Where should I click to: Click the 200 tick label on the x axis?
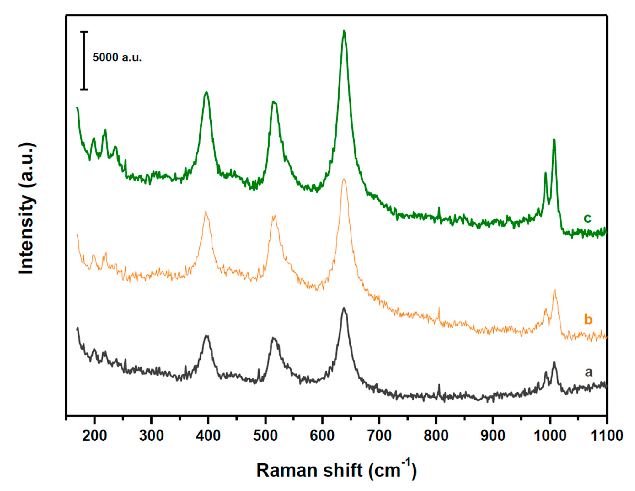point(94,436)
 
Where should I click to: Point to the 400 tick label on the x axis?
point(208,436)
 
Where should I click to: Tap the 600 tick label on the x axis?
point(322,436)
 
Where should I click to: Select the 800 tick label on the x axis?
point(436,436)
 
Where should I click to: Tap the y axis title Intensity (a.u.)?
point(27,208)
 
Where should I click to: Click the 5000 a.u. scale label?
point(117,58)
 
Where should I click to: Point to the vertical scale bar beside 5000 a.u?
point(84,60)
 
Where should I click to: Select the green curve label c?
point(587,218)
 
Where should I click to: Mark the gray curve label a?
point(589,372)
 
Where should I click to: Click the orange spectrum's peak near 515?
point(274,216)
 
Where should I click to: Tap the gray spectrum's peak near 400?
point(207,336)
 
